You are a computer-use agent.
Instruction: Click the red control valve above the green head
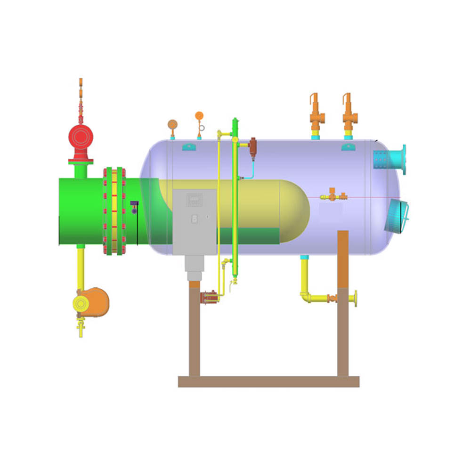click(81, 138)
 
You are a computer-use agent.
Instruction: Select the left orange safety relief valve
click(315, 115)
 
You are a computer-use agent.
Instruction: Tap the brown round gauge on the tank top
click(172, 124)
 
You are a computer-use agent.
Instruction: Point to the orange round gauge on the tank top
click(199, 115)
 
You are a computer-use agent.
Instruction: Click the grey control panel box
click(195, 221)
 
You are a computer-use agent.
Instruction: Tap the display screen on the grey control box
click(195, 199)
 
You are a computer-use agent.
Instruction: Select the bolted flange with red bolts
click(115, 211)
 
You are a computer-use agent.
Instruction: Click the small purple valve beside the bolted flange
click(134, 206)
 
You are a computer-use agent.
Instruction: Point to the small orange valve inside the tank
click(334, 195)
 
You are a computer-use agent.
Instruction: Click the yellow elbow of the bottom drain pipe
click(306, 296)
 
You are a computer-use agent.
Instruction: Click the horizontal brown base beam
click(268, 382)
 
